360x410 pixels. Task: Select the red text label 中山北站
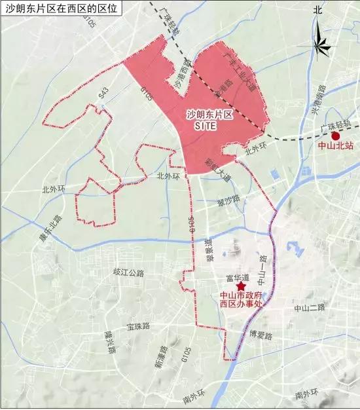coord(335,147)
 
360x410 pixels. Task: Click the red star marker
coord(241,286)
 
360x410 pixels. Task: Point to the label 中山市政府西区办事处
coord(241,299)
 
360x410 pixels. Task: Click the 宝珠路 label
coord(139,326)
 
